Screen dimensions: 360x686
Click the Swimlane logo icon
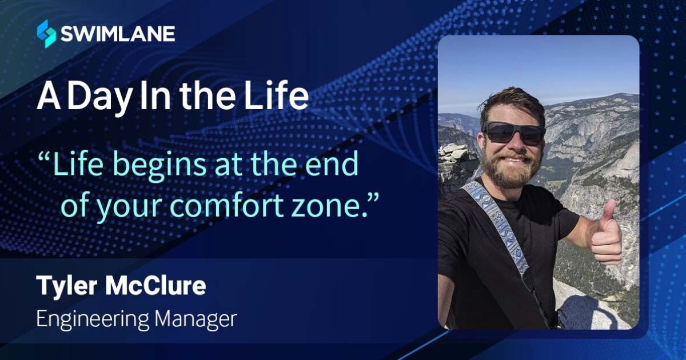[x=46, y=33]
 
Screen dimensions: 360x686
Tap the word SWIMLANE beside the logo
[x=118, y=33]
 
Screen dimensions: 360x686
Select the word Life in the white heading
[x=278, y=98]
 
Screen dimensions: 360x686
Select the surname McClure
[x=155, y=286]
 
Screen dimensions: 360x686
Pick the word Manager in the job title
[x=195, y=319]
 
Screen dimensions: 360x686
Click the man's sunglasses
[x=513, y=133]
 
